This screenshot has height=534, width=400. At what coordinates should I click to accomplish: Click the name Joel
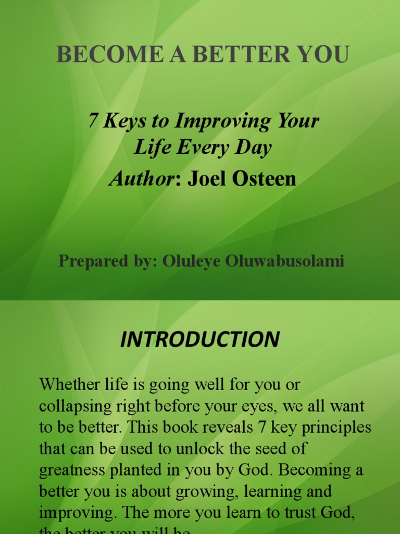pos(206,179)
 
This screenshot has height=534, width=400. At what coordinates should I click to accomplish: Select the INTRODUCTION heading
pos(200,339)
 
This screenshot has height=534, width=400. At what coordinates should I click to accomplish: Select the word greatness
pos(73,470)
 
